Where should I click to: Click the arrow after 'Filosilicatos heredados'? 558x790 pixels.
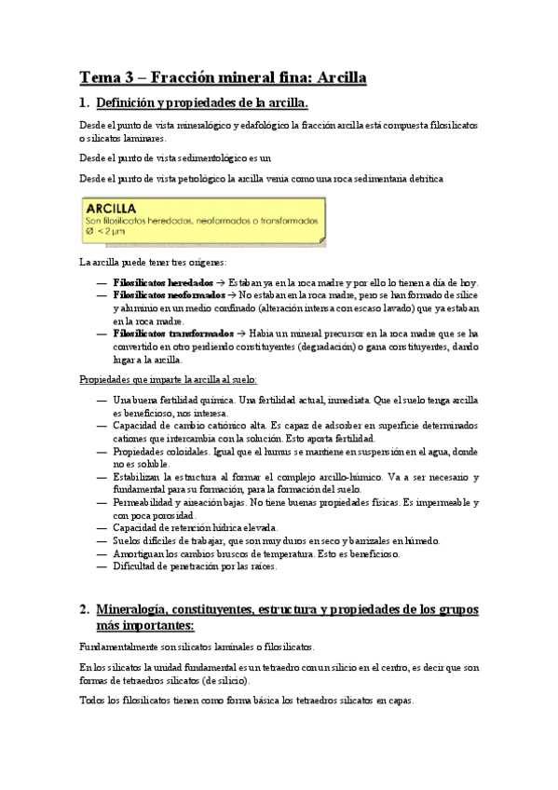[220, 282]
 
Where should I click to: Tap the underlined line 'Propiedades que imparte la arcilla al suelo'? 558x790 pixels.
[167, 380]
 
